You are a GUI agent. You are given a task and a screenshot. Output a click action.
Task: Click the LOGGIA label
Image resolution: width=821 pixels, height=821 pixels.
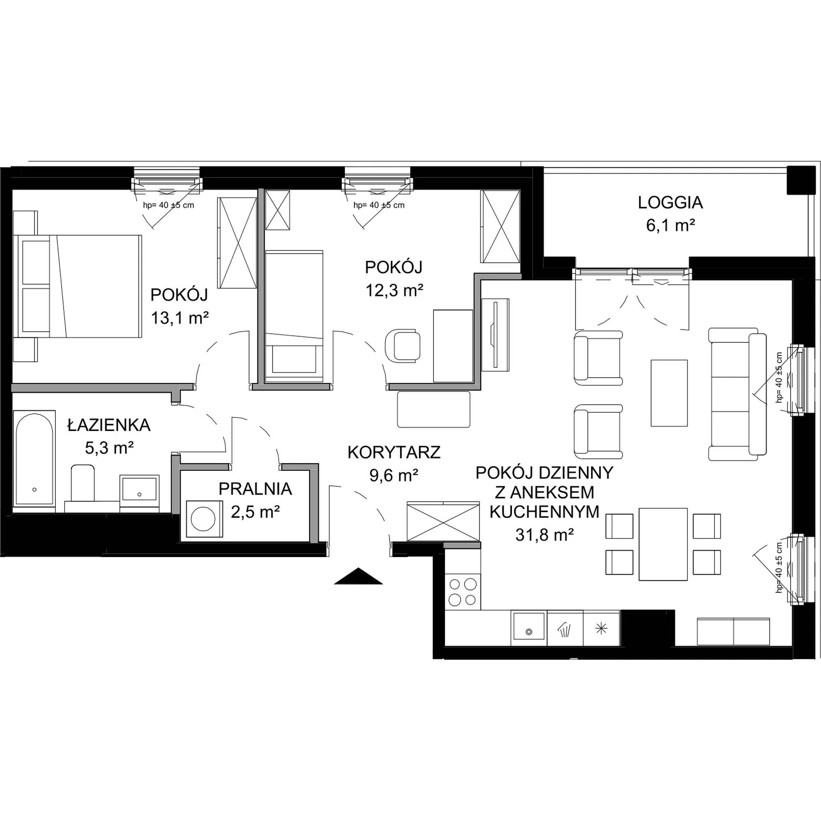click(670, 203)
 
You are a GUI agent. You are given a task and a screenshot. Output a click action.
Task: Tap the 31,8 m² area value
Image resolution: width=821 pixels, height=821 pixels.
click(544, 534)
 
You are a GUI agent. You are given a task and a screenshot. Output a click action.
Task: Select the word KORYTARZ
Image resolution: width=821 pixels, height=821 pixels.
click(394, 452)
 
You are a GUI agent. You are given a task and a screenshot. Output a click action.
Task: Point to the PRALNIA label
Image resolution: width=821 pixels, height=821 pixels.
click(255, 489)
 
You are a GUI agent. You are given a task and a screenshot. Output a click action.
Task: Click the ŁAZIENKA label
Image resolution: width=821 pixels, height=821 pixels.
click(109, 424)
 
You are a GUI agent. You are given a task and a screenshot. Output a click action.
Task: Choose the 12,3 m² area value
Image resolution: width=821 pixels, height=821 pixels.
click(394, 290)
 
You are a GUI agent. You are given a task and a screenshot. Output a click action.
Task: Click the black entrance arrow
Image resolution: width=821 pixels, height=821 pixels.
click(358, 576)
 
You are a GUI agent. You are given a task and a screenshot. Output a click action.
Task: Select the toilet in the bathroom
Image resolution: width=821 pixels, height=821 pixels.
click(83, 483)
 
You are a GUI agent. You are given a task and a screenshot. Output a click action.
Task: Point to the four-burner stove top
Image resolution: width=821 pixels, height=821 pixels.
click(462, 592)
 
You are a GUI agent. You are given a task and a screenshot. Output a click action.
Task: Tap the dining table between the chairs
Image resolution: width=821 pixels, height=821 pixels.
click(663, 544)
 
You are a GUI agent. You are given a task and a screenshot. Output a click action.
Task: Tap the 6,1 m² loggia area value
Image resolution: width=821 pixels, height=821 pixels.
click(671, 226)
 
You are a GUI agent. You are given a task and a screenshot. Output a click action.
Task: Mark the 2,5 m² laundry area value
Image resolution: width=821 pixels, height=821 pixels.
click(255, 512)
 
